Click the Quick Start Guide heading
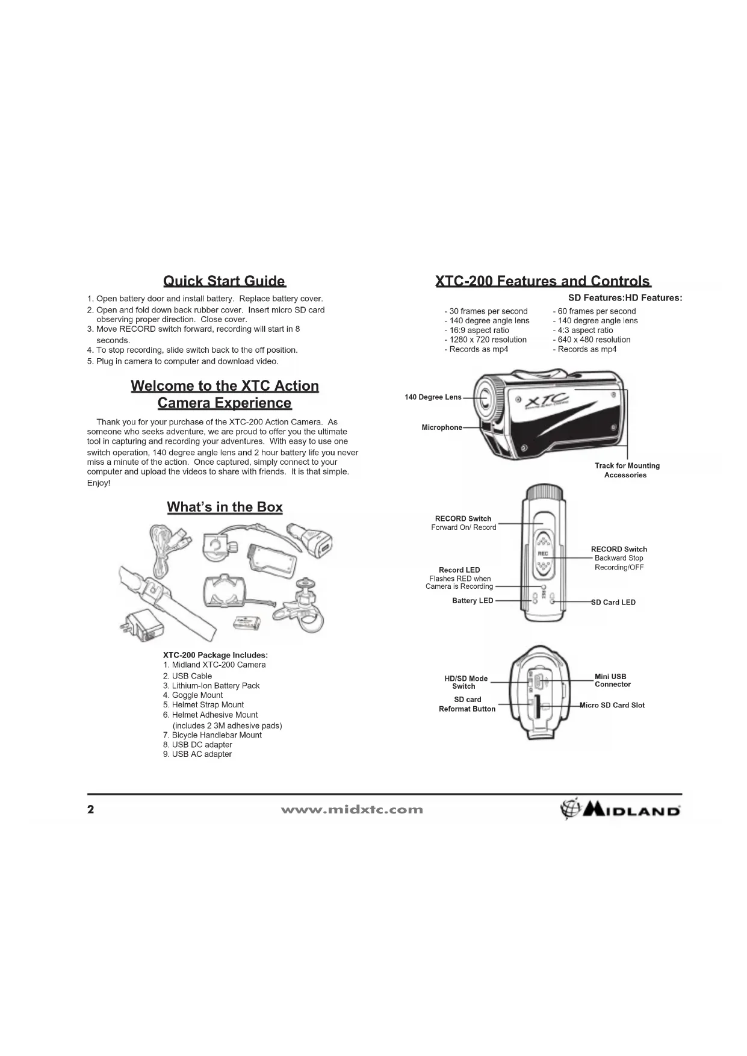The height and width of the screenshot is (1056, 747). tap(224, 281)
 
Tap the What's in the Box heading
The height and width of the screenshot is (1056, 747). tap(225, 507)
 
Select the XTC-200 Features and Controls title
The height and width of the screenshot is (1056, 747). tap(542, 281)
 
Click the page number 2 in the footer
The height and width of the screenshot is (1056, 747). tap(91, 809)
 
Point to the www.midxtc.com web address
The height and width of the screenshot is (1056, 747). tap(352, 810)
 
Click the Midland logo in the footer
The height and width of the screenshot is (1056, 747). tap(620, 810)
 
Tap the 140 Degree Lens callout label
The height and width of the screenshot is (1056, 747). tap(433, 397)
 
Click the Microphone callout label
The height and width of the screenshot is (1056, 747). tap(442, 427)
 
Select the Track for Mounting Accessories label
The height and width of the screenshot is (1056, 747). tap(627, 470)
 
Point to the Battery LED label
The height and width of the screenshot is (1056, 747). tap(473, 601)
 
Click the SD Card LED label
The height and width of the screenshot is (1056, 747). tap(613, 602)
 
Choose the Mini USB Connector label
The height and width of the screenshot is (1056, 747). tap(612, 680)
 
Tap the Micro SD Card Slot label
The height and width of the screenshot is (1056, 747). tap(612, 706)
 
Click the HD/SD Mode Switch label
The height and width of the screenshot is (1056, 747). tap(466, 682)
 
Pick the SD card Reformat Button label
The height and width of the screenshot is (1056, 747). tap(467, 704)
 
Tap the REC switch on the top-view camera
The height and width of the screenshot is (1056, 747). tap(543, 552)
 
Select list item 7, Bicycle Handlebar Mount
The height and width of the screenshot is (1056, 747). tap(212, 735)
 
